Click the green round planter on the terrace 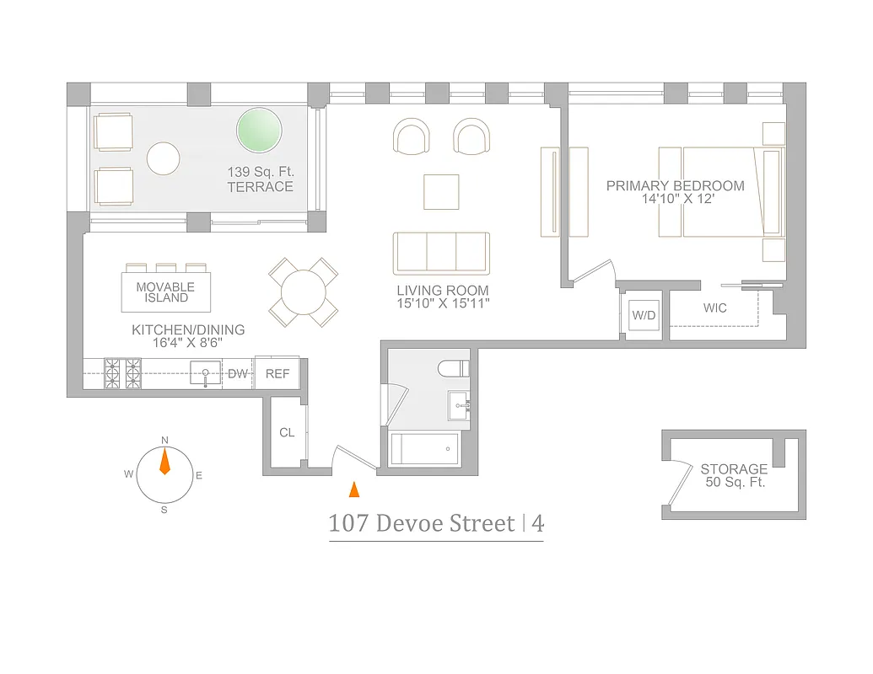[260, 131]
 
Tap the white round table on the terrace [164, 158]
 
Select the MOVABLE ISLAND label [165, 292]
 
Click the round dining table [304, 292]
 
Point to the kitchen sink [205, 372]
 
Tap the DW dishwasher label [238, 373]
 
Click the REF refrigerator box [278, 373]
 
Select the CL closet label [287, 432]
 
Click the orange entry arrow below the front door [354, 489]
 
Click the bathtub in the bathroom [425, 449]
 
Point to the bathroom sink [461, 405]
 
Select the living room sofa [441, 252]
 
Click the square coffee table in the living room [441, 191]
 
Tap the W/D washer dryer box [644, 316]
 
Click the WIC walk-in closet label [714, 308]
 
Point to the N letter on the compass [164, 441]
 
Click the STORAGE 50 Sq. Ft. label [734, 476]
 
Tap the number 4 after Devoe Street [537, 524]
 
